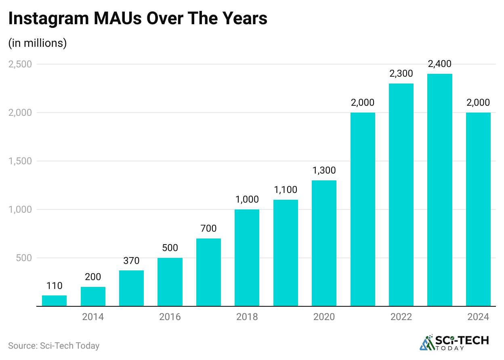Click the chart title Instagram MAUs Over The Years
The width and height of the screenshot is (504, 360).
[138, 19]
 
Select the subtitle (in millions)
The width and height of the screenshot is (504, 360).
[37, 43]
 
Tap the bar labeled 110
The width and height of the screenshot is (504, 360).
[54, 301]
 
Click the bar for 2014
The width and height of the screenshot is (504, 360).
[93, 297]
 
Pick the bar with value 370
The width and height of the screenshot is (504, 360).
[131, 288]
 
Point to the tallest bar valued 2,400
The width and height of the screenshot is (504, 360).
[439, 190]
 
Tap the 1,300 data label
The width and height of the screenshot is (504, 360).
[324, 171]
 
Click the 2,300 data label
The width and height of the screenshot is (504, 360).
[401, 74]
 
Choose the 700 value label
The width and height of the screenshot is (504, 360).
[208, 229]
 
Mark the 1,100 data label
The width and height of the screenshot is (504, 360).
[286, 190]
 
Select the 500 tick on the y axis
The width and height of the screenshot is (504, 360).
[24, 258]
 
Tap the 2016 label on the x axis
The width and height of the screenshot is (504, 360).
[170, 317]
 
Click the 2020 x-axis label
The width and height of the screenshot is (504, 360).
[324, 317]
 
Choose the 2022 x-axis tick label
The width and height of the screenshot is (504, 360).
[401, 317]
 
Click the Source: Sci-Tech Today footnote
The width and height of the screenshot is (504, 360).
[54, 346]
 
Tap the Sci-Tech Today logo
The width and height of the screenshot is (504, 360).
[454, 343]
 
